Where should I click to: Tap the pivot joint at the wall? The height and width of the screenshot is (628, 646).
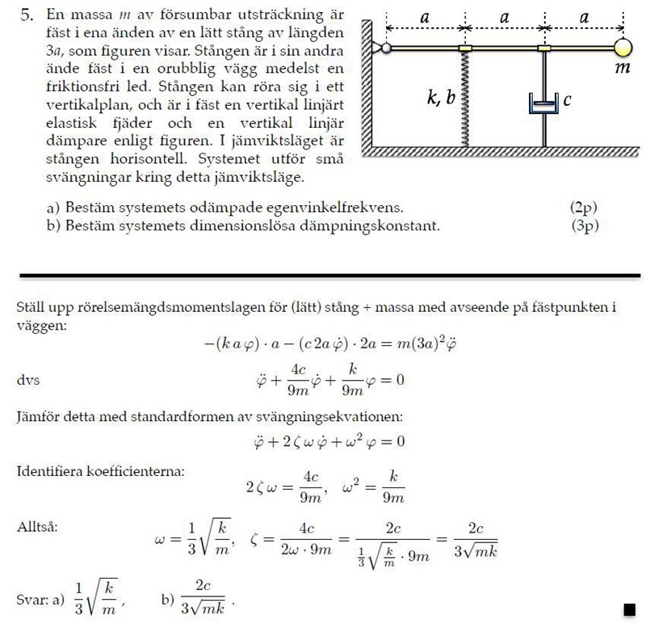(386, 48)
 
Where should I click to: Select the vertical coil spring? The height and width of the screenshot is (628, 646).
(465, 97)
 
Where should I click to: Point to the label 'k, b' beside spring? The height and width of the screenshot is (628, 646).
(442, 98)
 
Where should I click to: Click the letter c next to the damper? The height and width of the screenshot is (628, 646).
(567, 100)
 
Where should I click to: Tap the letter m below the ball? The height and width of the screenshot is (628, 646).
(622, 70)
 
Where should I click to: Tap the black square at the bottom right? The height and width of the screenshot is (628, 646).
(629, 607)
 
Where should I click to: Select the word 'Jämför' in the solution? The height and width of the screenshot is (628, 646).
(39, 417)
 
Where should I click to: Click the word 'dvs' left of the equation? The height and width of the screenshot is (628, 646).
(28, 379)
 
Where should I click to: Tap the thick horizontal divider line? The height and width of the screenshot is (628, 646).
(323, 276)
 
